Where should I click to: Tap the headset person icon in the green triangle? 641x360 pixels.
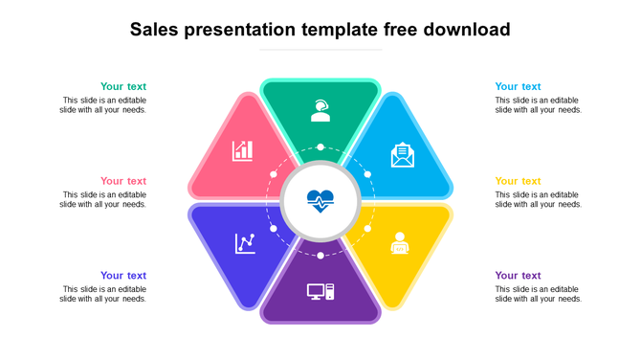[x=320, y=111]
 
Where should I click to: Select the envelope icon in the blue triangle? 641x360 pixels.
[x=403, y=155]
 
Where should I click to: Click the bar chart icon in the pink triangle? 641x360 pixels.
[x=243, y=150]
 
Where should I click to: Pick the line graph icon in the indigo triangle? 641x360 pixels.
[x=245, y=243]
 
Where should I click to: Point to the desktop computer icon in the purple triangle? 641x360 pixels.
[x=320, y=292]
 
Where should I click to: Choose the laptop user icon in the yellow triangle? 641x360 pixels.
[x=399, y=244]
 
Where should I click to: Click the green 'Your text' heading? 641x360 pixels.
[x=123, y=86]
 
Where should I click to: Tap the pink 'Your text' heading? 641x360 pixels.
[x=123, y=180]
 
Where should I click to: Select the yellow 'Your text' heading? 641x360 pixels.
[x=518, y=180]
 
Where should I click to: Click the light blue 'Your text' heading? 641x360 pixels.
[x=518, y=86]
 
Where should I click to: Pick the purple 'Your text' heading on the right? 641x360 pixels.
[x=518, y=275]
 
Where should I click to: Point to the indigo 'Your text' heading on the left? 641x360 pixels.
[x=123, y=275]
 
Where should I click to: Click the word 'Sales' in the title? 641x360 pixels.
[x=160, y=30]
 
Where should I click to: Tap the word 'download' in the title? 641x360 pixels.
[x=461, y=30]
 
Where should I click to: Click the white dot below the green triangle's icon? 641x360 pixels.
[x=320, y=147]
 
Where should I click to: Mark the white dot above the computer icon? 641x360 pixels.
[x=320, y=256]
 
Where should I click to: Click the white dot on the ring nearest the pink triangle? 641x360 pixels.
[x=274, y=175]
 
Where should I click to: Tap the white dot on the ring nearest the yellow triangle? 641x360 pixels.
[x=367, y=230]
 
